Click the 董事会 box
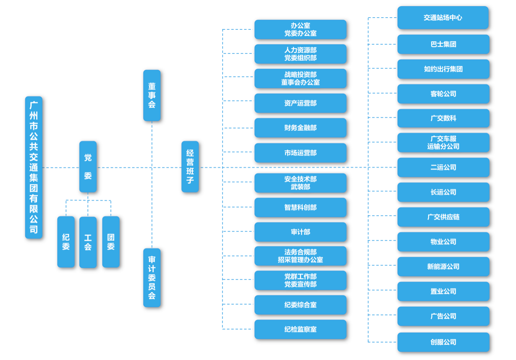pos(152,96)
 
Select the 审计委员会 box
pos(152,277)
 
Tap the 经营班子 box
pos(190,167)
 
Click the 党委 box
pos(88,167)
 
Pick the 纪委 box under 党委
pos(66,242)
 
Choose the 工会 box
pos(88,242)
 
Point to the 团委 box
pos(111,242)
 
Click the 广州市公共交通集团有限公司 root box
pos(34,167)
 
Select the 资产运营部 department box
pos(300,103)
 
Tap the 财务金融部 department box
pos(300,128)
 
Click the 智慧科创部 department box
pos(300,208)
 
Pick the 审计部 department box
pos(300,232)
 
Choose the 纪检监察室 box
pos(300,329)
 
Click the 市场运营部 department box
pos(300,153)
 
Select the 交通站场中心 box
pos(443,18)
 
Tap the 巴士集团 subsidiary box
pos(443,44)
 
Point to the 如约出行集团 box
pos(443,69)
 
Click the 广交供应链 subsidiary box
pos(443,217)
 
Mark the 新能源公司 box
pos(443,267)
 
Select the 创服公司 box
pos(443,342)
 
